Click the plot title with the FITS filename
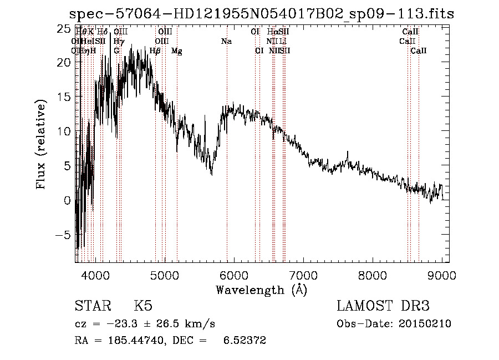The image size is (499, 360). tap(261, 14)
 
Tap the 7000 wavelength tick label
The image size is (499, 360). tap(303, 275)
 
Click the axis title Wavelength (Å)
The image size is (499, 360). tap(261, 290)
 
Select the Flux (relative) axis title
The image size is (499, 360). tap(42, 145)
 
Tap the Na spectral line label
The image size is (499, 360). tap(226, 42)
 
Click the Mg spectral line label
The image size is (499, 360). tap(177, 51)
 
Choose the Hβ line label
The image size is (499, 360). tap(155, 51)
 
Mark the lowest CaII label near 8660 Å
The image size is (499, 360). tap(419, 51)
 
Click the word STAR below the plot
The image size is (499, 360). tap(91, 306)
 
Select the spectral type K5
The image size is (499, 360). tap(143, 306)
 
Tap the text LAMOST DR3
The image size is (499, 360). tap(383, 306)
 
